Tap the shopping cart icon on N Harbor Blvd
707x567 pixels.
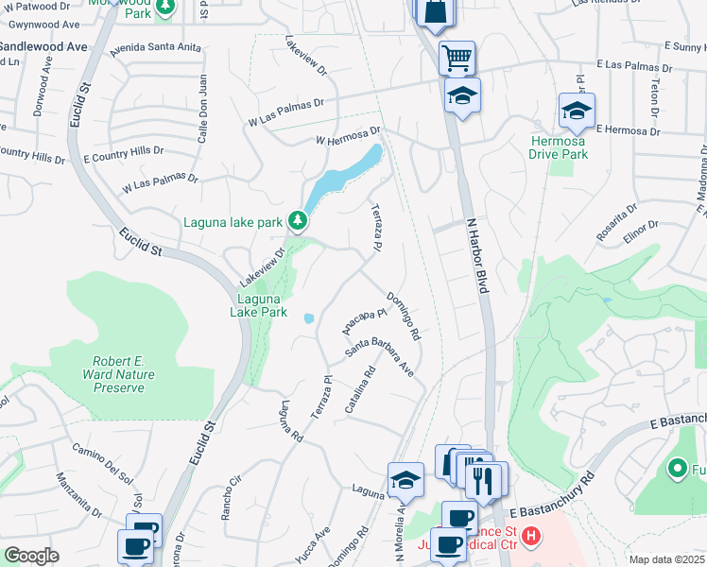pos(457,59)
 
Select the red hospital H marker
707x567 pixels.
pos(532,537)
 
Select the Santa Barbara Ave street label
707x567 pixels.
pos(379,356)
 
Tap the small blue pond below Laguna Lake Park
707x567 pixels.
pos(309,318)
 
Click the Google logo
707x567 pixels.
pos(31,556)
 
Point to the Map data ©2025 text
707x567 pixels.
pos(667,559)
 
